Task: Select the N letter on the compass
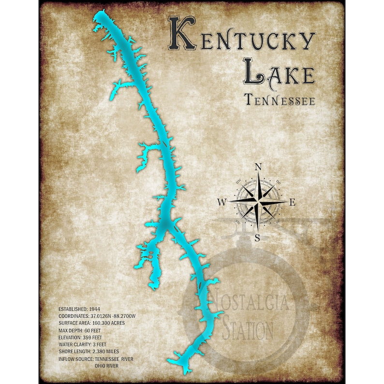(258, 167)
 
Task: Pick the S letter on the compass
(258, 237)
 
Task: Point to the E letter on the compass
(292, 203)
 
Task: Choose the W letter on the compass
(222, 203)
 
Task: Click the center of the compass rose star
(258, 201)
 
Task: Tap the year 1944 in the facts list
(94, 309)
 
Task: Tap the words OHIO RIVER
(106, 365)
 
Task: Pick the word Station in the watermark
(247, 330)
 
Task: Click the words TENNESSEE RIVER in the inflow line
(113, 358)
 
